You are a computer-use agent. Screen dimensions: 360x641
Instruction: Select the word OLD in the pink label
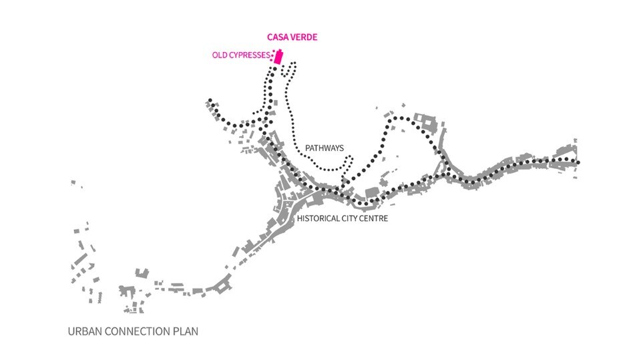tap(220, 55)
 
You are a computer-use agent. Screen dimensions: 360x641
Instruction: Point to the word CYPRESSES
tap(250, 55)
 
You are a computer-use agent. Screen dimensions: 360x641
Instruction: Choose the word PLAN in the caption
tap(187, 331)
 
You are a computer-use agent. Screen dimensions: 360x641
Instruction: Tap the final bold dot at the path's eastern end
tap(578, 162)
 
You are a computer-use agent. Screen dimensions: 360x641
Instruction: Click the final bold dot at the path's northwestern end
tap(210, 101)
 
